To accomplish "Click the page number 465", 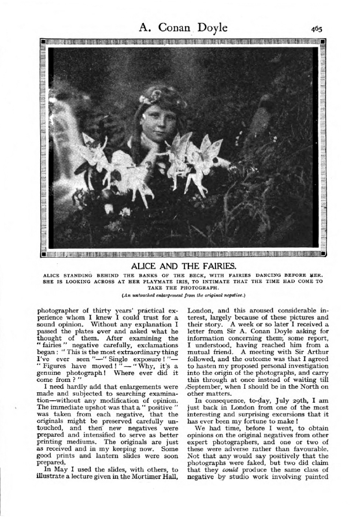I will tap(316, 28).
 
